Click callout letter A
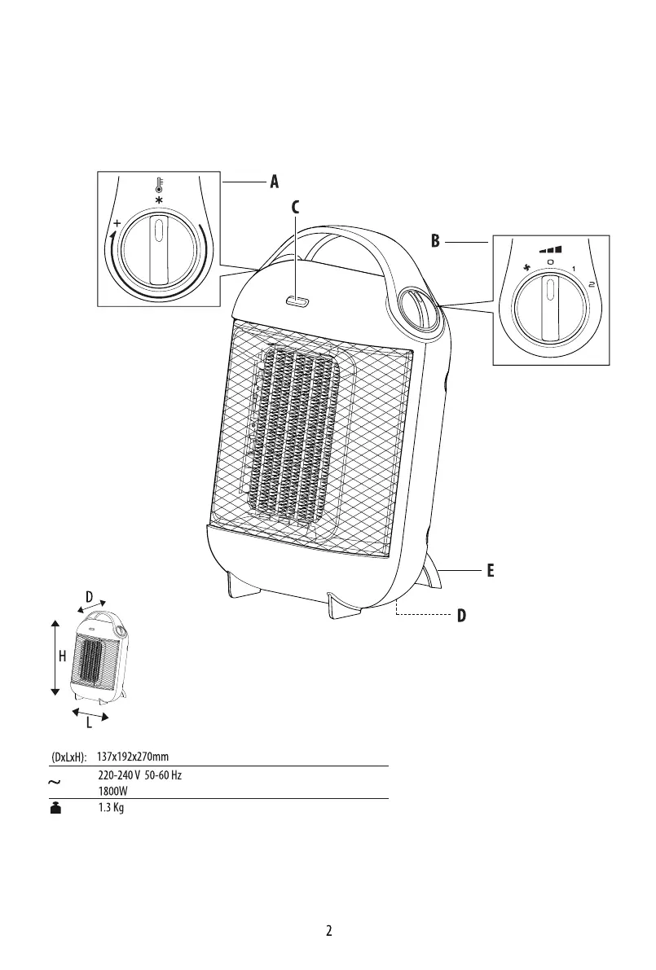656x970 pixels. point(274,182)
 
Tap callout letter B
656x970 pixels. point(436,240)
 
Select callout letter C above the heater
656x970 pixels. point(295,208)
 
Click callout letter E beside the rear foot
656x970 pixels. point(490,570)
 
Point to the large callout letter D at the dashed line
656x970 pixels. point(462,616)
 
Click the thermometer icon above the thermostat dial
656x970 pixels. point(159,184)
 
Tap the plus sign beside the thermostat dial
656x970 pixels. point(117,222)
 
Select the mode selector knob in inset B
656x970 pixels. point(549,308)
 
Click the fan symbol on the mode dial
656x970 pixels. point(527,267)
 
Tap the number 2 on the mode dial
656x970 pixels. point(592,284)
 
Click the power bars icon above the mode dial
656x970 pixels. point(550,249)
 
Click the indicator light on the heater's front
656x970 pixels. point(297,301)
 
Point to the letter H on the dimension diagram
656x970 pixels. point(63,656)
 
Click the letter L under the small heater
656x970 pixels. point(89,723)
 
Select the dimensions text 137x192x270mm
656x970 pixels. point(133,757)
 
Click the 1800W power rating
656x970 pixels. point(112,791)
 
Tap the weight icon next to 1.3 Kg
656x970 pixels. point(55,807)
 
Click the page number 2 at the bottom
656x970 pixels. point(328,930)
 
